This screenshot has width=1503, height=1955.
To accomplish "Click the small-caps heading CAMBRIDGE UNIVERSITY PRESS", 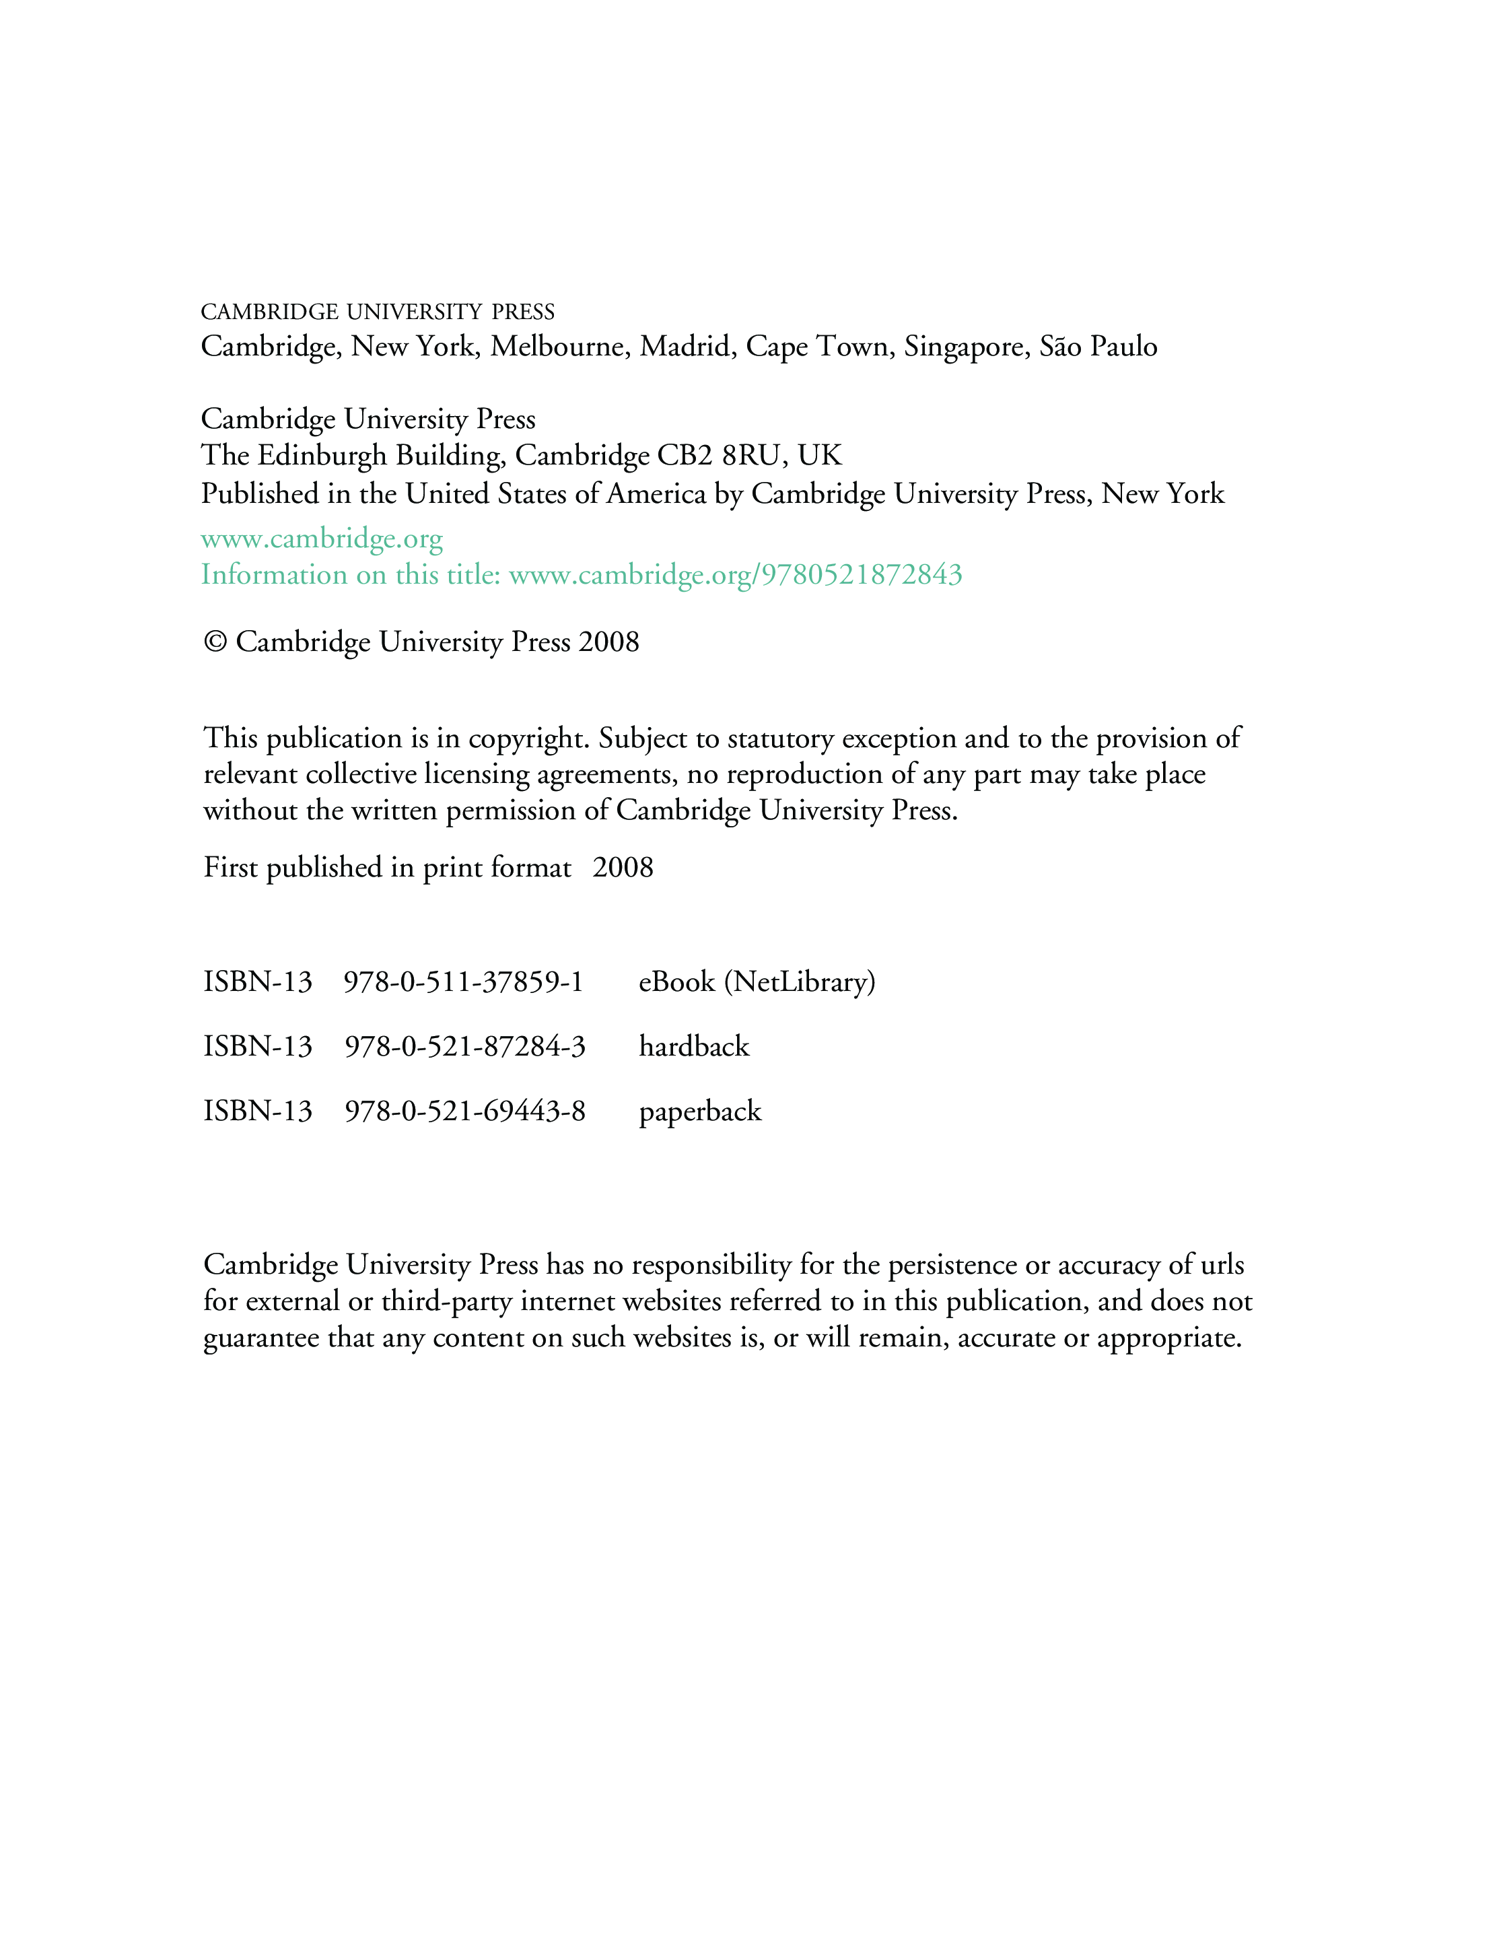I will coord(377,312).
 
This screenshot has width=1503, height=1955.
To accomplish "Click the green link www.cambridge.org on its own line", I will coord(321,539).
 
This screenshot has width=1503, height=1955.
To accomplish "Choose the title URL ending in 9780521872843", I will coord(736,574).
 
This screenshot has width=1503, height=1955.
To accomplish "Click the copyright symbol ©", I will coord(215,642).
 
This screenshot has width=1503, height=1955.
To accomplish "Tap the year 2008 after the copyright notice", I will coord(608,642).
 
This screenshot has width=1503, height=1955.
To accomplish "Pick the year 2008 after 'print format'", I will coord(623,867).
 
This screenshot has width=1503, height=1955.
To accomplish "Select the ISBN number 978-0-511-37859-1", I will coord(464,982).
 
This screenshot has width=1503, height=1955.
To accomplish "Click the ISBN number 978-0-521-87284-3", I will coord(464,1047).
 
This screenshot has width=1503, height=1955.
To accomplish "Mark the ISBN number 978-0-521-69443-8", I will coord(464,1111).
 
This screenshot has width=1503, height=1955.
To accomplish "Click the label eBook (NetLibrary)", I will coord(757,982).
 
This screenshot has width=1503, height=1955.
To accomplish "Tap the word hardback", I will coord(693,1047).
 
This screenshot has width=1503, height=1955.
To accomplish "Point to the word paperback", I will coord(699,1111).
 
